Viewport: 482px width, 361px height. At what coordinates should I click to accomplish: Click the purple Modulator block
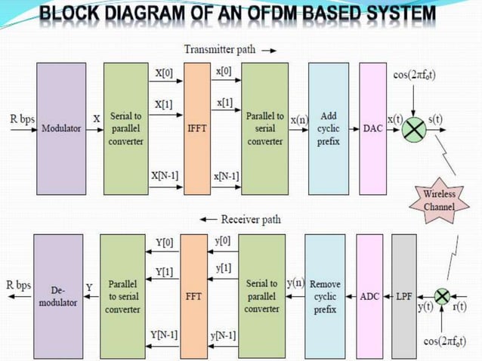(61, 128)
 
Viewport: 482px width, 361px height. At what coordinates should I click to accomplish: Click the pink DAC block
(373, 128)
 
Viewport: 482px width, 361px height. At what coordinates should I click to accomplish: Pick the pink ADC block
(369, 296)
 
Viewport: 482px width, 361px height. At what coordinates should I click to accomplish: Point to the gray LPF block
(404, 296)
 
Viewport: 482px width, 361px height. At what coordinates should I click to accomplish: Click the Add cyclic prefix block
(328, 128)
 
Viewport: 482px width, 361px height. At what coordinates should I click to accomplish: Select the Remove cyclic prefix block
(325, 296)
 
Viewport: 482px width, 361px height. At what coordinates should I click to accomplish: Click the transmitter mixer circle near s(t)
(413, 129)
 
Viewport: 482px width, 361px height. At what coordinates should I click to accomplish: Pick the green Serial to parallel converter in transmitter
(126, 128)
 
